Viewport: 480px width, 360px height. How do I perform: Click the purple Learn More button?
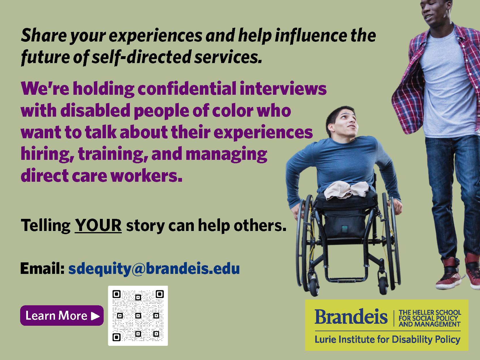(62, 315)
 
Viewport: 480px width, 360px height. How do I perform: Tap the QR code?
(138, 316)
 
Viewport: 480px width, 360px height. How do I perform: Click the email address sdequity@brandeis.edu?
(154, 269)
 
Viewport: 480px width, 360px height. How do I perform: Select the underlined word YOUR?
(98, 225)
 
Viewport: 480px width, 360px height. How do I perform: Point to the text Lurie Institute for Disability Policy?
(388, 340)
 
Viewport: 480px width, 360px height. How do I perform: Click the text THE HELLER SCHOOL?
(430, 312)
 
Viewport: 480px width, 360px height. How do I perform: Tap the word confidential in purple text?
(187, 89)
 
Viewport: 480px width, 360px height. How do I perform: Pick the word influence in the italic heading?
(311, 36)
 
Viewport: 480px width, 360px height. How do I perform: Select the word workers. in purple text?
(146, 176)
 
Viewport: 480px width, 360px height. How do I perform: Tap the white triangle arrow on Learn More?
(95, 316)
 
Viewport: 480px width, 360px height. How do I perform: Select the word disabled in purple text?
(95, 111)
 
